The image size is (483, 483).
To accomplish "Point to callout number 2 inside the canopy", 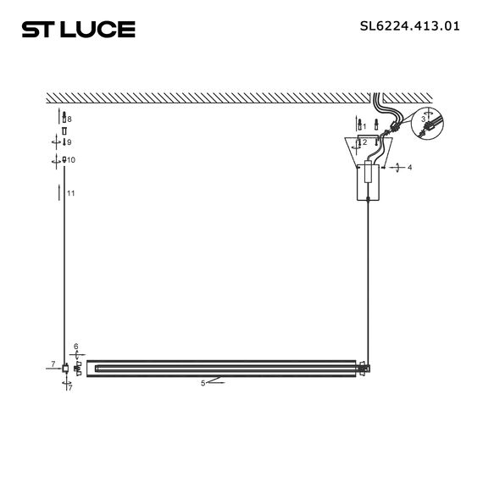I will [364, 142].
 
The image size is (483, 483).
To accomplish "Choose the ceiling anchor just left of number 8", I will [63, 119].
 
